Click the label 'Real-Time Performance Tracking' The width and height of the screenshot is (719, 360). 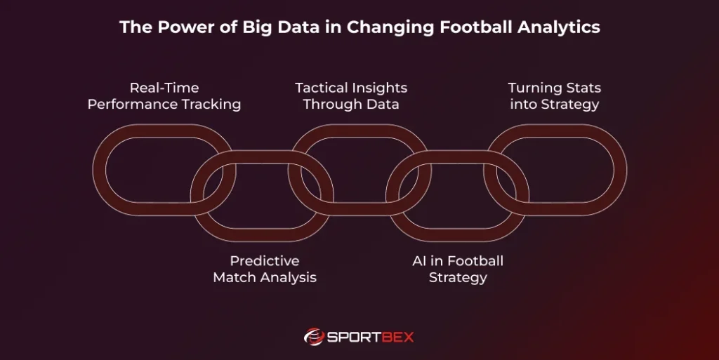pos(164,96)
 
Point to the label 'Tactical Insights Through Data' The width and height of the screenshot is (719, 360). pos(351,96)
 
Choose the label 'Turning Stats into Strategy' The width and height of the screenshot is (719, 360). pos(554,96)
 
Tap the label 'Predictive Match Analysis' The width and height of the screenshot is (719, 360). pos(265,269)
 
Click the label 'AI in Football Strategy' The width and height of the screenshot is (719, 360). pos(458,269)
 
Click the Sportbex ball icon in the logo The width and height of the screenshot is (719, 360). pos(314,337)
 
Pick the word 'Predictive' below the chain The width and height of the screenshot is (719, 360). pos(265,260)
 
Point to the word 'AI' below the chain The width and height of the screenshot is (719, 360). pos(420,260)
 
